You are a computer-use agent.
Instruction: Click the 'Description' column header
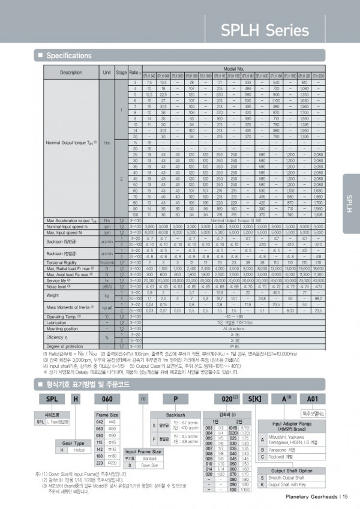point(71,72)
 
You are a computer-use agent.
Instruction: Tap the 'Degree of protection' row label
point(65,346)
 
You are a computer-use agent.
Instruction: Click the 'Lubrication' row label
point(59,322)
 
